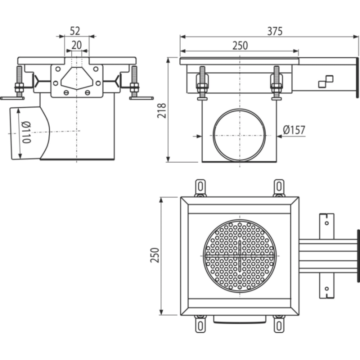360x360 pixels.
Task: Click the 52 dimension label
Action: tap(75, 31)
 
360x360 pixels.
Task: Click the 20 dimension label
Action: tap(76, 45)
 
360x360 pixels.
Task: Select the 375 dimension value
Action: tap(275, 31)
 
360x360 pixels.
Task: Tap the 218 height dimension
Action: tap(162, 110)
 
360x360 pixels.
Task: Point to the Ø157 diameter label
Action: tap(294, 130)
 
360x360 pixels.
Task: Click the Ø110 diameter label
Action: tap(26, 132)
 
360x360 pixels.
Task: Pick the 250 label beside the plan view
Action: tap(154, 255)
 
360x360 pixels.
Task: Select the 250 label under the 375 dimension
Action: tap(240, 45)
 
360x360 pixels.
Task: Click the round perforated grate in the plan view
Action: tap(240, 256)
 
